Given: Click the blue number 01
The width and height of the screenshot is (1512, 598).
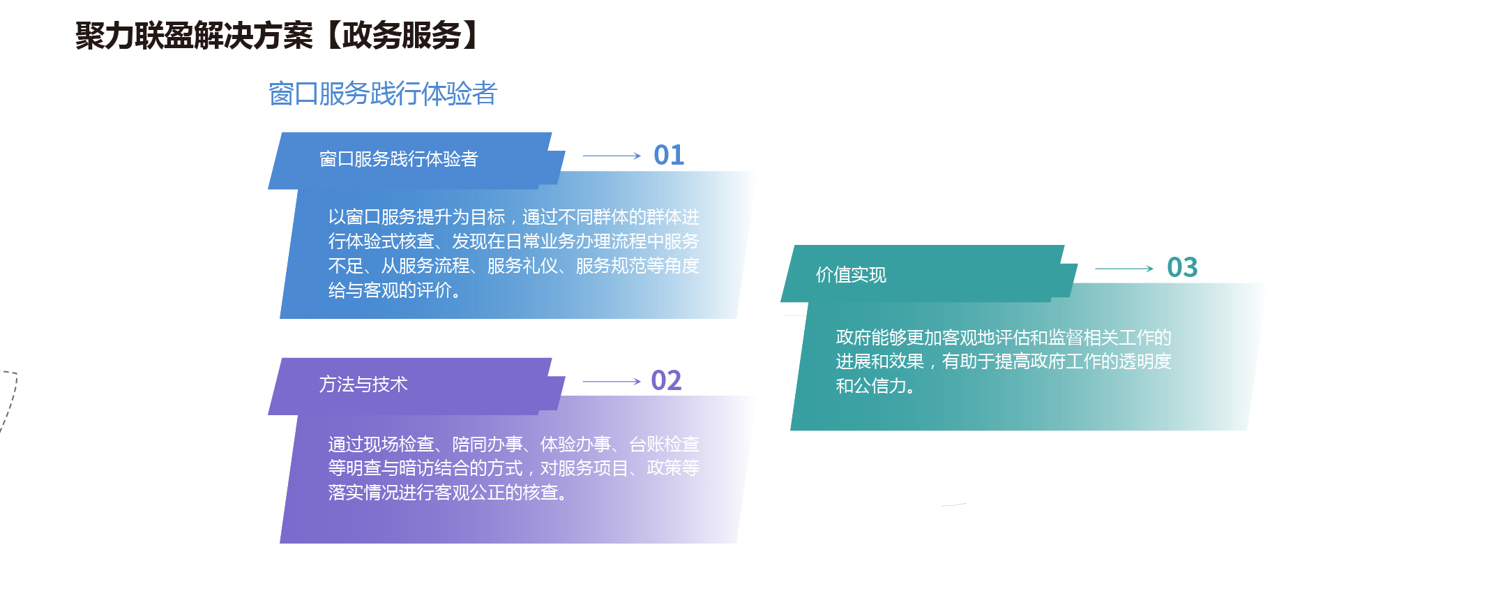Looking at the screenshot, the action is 669,155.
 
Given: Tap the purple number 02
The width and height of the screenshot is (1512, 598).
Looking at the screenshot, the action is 666,380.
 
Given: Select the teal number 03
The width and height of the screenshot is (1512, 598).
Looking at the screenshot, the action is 1182,267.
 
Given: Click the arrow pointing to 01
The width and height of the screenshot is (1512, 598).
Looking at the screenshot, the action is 612,156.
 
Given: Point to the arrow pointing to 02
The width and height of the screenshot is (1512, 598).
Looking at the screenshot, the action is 612,382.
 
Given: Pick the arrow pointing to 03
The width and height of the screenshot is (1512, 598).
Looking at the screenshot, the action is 1124,269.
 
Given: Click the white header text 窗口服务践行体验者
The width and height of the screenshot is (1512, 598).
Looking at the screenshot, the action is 398,159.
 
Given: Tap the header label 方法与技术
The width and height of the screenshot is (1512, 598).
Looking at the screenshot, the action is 363,384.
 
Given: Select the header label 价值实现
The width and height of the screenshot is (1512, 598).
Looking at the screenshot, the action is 851,275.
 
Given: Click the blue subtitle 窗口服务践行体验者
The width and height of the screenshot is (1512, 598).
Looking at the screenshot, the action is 382,94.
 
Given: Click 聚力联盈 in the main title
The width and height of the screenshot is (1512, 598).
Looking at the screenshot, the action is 135,36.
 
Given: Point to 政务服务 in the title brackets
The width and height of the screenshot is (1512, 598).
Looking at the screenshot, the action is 402,36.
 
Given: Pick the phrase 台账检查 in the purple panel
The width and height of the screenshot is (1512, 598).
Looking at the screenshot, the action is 665,444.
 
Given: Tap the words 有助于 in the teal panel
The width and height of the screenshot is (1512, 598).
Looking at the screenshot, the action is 968,361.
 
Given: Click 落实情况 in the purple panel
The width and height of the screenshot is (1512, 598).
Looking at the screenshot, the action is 363,493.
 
